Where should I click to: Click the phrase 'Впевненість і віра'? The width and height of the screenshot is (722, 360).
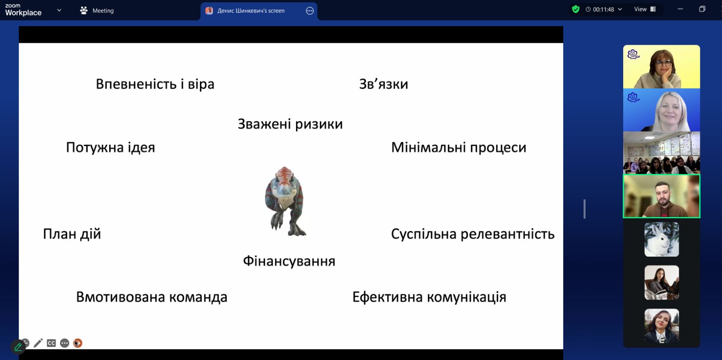click(155, 84)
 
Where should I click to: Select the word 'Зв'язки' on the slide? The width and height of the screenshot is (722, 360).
click(384, 84)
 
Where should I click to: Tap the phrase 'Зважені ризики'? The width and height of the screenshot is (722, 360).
click(290, 124)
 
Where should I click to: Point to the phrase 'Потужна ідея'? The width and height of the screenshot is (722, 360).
click(111, 148)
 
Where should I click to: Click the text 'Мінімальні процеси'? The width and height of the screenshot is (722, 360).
click(458, 148)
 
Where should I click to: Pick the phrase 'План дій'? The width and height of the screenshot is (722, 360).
click(72, 234)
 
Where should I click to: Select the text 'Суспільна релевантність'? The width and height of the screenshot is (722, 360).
click(473, 234)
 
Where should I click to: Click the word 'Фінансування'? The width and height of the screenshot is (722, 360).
click(289, 261)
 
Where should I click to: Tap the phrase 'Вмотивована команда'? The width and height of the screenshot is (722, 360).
click(152, 297)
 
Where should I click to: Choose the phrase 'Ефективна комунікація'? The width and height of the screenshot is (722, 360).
click(429, 297)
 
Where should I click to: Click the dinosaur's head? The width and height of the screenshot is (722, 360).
click(284, 180)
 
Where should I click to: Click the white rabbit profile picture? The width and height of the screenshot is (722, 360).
click(662, 240)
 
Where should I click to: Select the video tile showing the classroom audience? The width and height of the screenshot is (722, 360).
click(662, 153)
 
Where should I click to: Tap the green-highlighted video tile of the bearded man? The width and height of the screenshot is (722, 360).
click(662, 196)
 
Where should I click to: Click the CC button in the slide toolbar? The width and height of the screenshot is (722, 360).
click(51, 343)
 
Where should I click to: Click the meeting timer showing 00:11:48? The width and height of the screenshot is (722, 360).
click(603, 9)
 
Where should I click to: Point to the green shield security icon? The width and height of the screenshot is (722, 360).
click(576, 9)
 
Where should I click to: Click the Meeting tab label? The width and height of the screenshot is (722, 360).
click(103, 11)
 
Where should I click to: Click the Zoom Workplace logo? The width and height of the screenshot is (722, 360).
click(23, 10)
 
